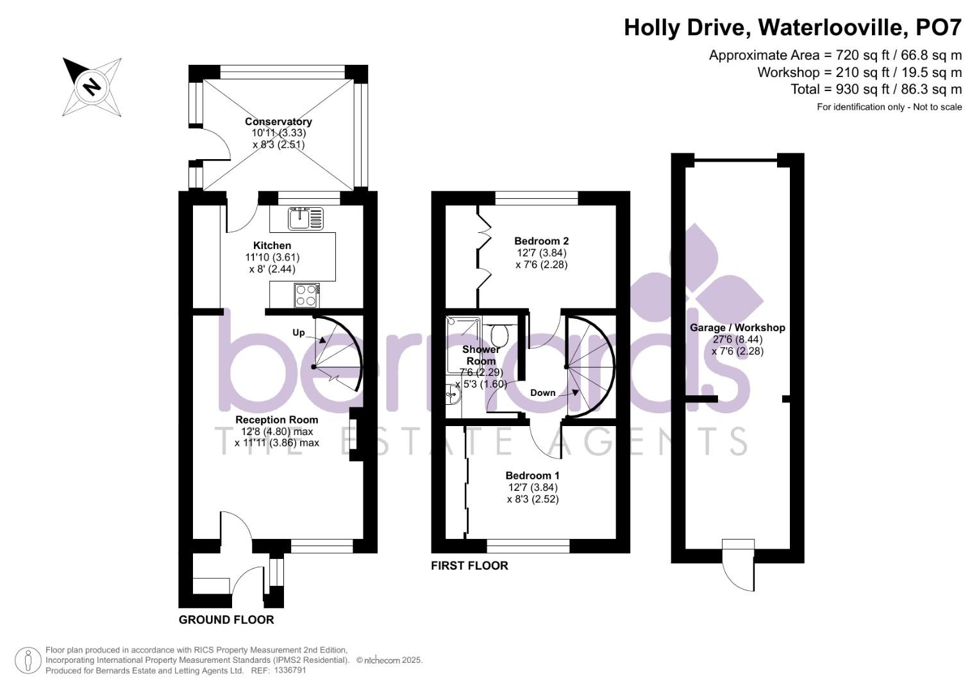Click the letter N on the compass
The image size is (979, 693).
point(92,86)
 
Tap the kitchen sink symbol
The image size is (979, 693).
point(306,218)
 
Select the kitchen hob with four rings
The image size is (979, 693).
point(307,296)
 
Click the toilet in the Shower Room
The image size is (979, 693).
point(499,335)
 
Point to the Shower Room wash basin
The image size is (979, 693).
point(453,395)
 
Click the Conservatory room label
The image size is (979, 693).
point(278,121)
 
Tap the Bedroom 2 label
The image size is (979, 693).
point(542,241)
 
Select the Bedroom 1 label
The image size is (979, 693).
point(532,475)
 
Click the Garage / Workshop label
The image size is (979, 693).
point(737,327)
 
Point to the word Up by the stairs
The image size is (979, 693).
point(299,333)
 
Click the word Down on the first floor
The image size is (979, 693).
point(543,393)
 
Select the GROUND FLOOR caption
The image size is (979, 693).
point(226,619)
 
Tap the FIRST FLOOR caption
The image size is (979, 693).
point(469,566)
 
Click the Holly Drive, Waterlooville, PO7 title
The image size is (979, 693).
point(792,28)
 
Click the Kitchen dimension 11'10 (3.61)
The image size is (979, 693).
point(272,257)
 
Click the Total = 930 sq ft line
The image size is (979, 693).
point(876,89)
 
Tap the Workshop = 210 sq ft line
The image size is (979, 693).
point(859,72)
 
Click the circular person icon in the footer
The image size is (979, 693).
point(28,661)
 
